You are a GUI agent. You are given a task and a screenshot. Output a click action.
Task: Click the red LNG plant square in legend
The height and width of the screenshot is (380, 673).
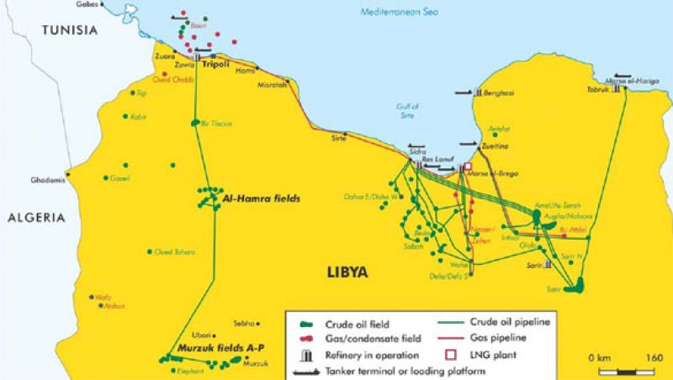click(x=442, y=355)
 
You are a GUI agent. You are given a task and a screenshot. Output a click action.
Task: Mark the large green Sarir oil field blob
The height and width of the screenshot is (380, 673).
click(x=575, y=288)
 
